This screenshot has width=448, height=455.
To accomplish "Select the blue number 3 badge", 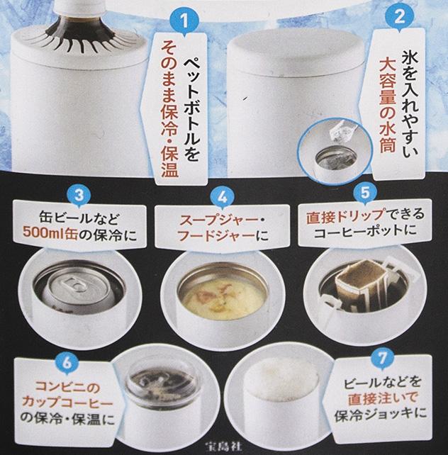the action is tap(79, 196).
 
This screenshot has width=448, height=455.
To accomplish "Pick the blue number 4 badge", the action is tap(222, 198).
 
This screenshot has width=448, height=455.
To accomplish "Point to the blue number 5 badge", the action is tap(365, 192).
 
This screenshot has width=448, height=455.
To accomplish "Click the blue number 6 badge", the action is tap(67, 363).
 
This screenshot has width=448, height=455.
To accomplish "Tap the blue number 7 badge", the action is tap(382, 359).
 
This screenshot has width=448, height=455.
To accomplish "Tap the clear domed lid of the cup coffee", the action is tap(160, 383).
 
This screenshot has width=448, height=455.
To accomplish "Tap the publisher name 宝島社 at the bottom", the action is tap(223, 446).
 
